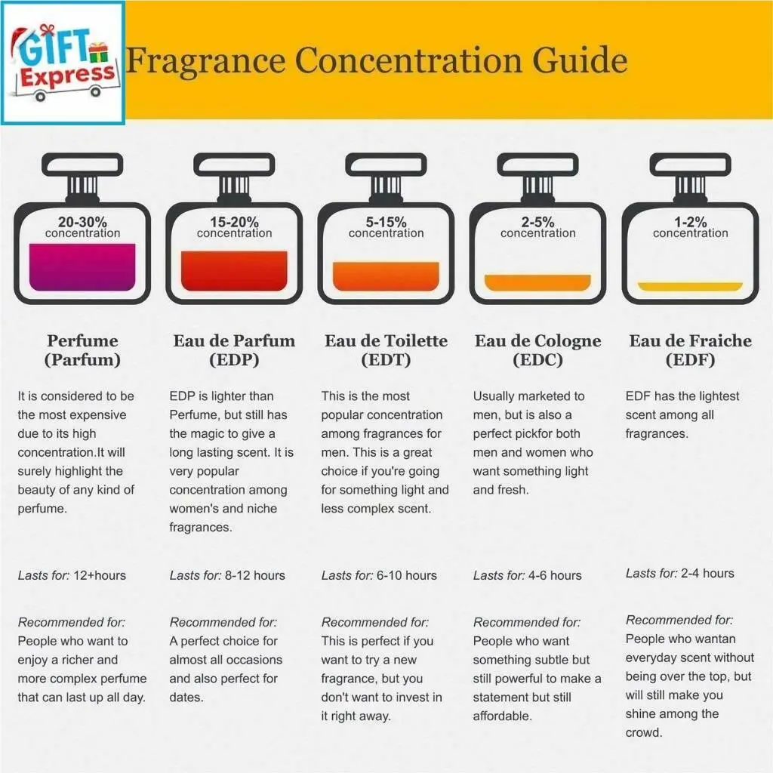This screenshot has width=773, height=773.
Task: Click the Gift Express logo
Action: [63, 63]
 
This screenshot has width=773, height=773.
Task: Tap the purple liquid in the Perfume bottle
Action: [82, 266]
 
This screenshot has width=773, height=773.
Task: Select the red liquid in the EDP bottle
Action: [234, 271]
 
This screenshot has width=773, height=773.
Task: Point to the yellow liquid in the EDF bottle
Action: [690, 287]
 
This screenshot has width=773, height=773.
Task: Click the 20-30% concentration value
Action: [82, 222]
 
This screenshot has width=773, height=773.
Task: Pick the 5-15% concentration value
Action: [386, 222]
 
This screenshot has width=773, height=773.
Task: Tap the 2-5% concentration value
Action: [537, 222]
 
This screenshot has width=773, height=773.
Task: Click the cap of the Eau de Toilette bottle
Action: [386, 164]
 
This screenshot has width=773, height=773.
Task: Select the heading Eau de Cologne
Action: [537, 340]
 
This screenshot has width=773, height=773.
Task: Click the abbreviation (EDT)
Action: [386, 360]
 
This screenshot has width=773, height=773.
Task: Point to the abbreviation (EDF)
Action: [690, 360]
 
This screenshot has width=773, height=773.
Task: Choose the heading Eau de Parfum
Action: [234, 340]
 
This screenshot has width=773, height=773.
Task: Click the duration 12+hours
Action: [100, 575]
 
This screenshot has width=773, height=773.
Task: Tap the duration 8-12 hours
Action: [255, 575]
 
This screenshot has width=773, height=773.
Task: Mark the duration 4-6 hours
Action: [555, 575]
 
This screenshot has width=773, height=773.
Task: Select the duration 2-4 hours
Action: [707, 574]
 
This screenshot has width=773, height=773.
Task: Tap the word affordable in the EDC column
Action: [502, 716]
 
